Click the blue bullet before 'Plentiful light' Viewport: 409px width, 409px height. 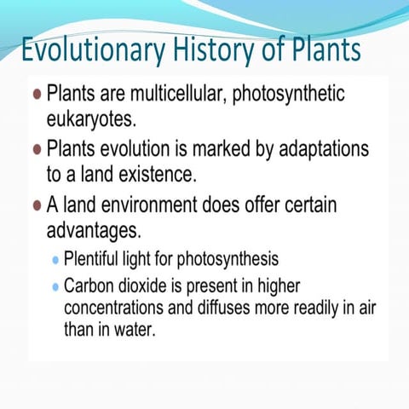(56, 258)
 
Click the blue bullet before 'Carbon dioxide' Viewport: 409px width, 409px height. (56, 286)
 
